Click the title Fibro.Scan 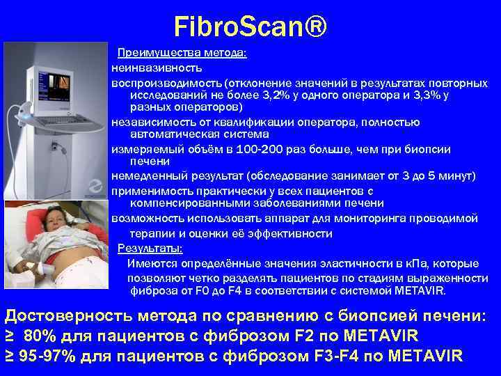tap(239, 28)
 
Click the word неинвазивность tap(157, 68)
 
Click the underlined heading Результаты tap(150, 249)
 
